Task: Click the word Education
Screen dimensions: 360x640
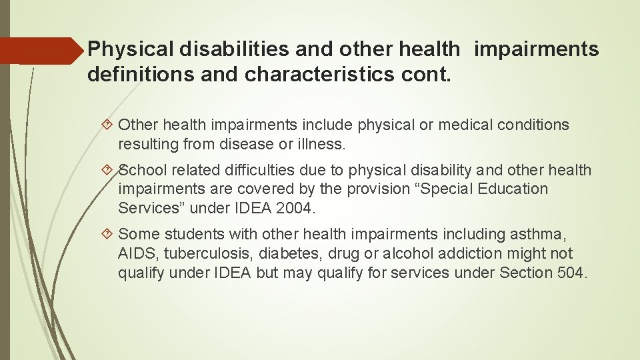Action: click(508, 189)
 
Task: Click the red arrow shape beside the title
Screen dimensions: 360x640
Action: click(40, 50)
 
